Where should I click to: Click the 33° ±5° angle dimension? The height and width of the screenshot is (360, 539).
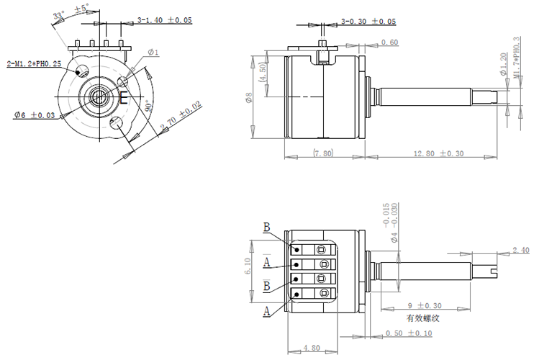pyautogui.click(x=72, y=14)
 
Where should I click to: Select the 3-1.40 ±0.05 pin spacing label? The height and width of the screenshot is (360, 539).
pyautogui.click(x=164, y=20)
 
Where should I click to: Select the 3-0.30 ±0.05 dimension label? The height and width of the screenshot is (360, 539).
pyautogui.click(x=368, y=22)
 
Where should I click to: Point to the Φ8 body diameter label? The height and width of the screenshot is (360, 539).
pyautogui.click(x=249, y=98)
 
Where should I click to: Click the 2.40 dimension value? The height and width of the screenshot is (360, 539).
pyautogui.click(x=520, y=250)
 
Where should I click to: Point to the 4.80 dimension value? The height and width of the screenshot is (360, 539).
pyautogui.click(x=312, y=348)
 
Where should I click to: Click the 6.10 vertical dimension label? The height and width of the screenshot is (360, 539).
pyautogui.click(x=248, y=267)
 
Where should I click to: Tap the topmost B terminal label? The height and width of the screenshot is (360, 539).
pyautogui.click(x=266, y=228)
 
